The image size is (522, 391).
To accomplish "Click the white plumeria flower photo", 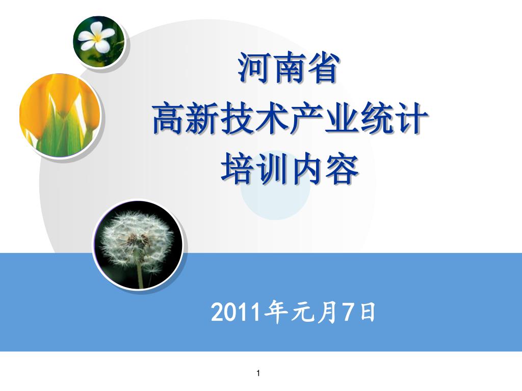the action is (99, 41).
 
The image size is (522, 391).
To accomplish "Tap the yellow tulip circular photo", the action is (60, 116).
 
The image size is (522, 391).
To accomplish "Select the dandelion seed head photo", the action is (138, 245).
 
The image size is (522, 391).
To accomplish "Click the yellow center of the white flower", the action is (97, 38).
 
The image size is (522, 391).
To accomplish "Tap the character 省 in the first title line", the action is (323, 68).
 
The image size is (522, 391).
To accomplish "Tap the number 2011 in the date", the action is (236, 313).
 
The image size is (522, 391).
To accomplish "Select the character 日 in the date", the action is (368, 312).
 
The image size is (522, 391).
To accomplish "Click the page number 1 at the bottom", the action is (258, 373).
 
